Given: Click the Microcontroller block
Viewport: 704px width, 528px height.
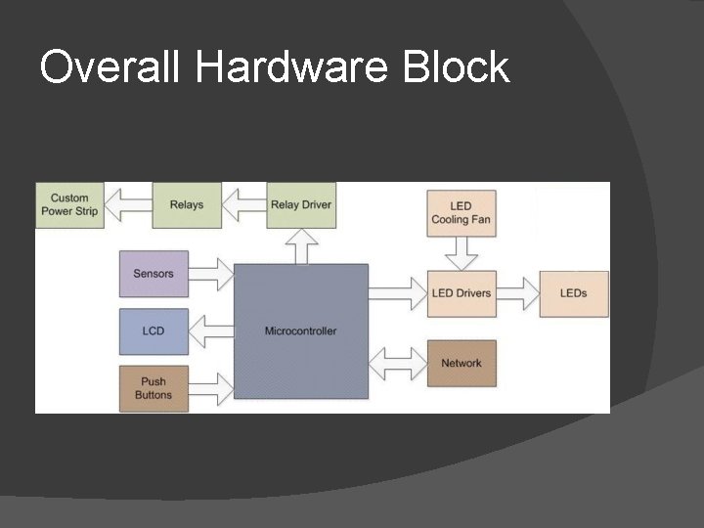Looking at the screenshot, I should [x=301, y=330].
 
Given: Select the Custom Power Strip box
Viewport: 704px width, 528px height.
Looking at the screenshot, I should [x=70, y=204].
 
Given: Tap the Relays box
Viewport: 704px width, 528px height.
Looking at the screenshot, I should [x=186, y=204].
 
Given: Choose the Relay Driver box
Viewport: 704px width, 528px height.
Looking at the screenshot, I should [x=300, y=204].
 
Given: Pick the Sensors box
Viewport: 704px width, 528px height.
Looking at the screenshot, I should [x=154, y=274].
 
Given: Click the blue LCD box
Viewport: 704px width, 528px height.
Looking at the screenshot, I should [x=154, y=330].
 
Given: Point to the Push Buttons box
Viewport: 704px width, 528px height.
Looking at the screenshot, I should [x=154, y=388].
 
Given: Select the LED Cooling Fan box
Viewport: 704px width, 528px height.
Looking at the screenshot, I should [x=462, y=213].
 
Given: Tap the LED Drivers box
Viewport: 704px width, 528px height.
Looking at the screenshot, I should [x=462, y=292].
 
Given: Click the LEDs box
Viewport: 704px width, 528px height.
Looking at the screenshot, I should [x=574, y=292].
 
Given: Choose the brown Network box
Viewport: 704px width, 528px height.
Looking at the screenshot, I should [x=462, y=363].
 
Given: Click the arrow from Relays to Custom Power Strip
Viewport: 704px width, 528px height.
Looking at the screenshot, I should [x=128, y=204].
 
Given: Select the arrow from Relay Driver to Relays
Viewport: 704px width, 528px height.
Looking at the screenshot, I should [x=243, y=204].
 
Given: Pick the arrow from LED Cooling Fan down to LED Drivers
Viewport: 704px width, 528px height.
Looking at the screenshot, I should [x=462, y=255].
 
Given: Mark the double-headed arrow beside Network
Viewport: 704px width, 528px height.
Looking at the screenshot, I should [x=398, y=362].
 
